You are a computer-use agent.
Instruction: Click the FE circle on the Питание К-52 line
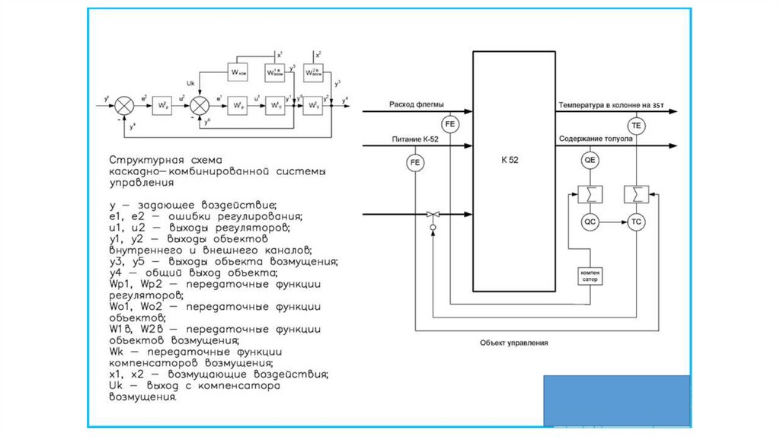coord(415,162)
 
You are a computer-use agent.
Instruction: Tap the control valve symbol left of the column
coord(433,215)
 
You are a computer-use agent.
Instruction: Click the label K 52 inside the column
coord(510,161)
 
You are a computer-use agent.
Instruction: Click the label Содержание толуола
coord(596,139)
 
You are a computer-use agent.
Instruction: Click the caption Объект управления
coord(514,343)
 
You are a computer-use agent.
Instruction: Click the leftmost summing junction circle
coord(126,104)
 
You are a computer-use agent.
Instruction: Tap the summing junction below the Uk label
coord(200,104)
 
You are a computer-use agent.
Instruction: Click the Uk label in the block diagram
coord(191,82)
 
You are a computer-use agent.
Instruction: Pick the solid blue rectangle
coord(617,400)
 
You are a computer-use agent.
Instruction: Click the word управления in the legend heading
coord(141,183)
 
